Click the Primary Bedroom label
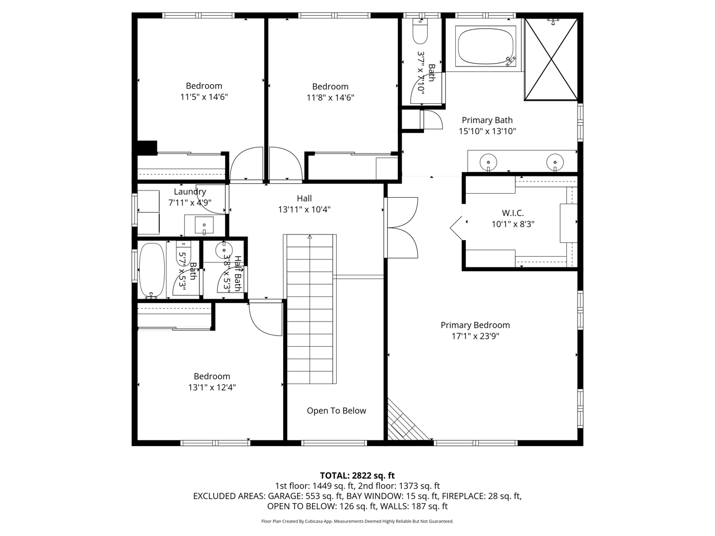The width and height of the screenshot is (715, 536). [x=475, y=325]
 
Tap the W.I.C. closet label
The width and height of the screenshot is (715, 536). [x=513, y=213]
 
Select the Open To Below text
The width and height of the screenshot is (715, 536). [x=336, y=411]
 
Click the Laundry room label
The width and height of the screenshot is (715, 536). [x=189, y=192]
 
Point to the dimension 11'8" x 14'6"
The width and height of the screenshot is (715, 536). [x=330, y=98]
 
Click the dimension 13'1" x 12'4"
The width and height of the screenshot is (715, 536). [x=212, y=387]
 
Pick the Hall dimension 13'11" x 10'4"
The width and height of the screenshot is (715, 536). [x=304, y=209]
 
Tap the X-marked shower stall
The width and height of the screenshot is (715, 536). [x=551, y=59]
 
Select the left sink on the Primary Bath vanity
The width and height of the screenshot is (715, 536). [x=488, y=162]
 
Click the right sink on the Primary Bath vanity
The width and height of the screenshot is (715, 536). [x=555, y=162]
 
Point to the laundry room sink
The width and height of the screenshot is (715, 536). [x=204, y=225]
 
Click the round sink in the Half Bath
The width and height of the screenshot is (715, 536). [x=224, y=250]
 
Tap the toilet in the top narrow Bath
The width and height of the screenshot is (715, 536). [x=420, y=32]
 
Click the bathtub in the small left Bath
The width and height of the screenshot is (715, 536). [x=151, y=271]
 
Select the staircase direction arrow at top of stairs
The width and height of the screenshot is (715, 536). [x=309, y=237]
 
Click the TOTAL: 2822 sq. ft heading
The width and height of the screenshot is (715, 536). [x=357, y=476]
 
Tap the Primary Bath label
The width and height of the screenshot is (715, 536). [x=487, y=120]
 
